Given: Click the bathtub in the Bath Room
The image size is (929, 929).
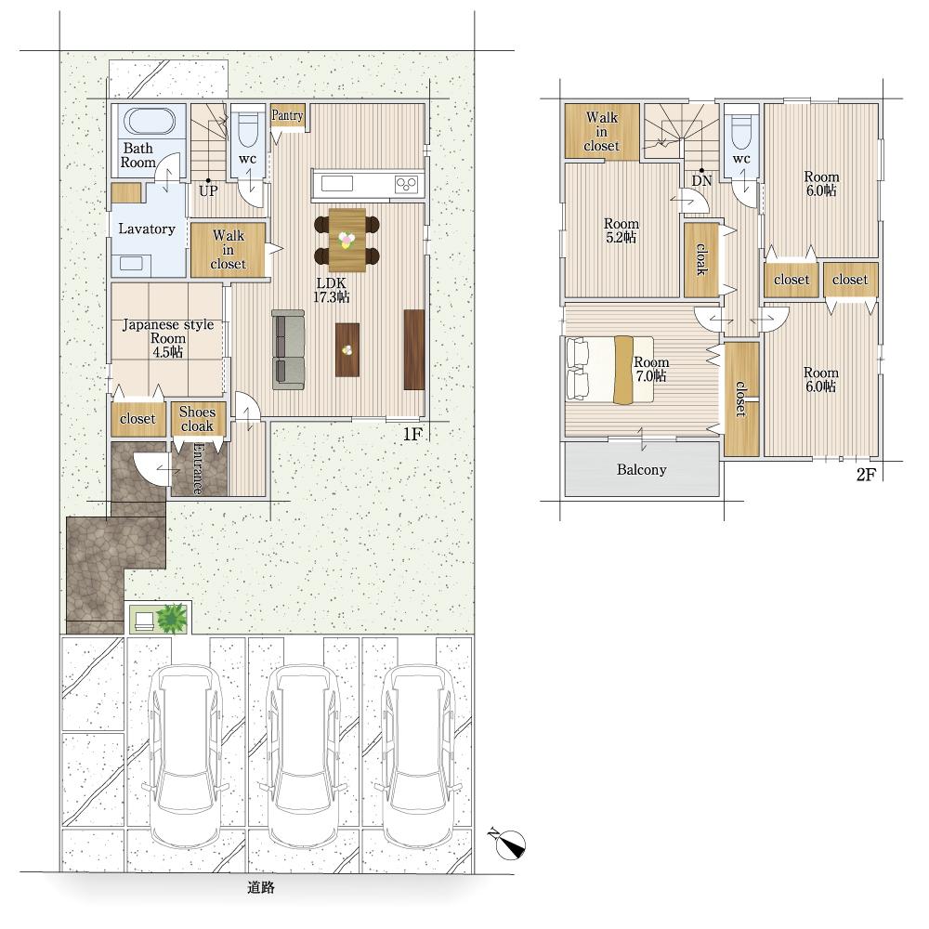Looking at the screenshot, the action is pyautogui.click(x=150, y=122).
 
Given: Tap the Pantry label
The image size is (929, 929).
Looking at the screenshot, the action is pyautogui.click(x=287, y=115).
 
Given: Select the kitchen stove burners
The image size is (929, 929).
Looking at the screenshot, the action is pyautogui.click(x=407, y=184).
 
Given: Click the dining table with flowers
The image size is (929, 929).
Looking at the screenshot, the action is pyautogui.click(x=347, y=240).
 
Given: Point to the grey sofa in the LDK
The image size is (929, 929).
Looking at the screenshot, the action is pyautogui.click(x=289, y=349).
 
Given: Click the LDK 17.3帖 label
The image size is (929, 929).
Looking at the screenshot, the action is pyautogui.click(x=332, y=290).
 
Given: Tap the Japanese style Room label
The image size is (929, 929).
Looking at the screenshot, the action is pyautogui.click(x=167, y=338).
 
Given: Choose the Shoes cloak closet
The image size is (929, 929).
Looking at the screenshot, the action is pyautogui.click(x=197, y=419).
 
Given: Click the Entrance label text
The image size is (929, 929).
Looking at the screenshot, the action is pyautogui.click(x=197, y=468).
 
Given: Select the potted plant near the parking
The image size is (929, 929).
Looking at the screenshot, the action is pyautogui.click(x=173, y=618).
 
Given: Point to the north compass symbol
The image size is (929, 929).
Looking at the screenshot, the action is pyautogui.click(x=508, y=844).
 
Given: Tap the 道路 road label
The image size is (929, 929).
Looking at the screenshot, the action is pyautogui.click(x=261, y=887).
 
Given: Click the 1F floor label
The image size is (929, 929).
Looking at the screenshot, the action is pyautogui.click(x=412, y=434).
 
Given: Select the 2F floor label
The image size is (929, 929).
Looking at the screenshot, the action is pyautogui.click(x=866, y=475).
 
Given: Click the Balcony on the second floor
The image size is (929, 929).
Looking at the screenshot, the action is pyautogui.click(x=642, y=469).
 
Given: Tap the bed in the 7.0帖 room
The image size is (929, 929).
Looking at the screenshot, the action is pyautogui.click(x=610, y=371).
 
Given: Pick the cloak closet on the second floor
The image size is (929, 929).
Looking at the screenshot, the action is pyautogui.click(x=702, y=259).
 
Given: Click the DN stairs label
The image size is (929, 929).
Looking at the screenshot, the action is pyautogui.click(x=701, y=181).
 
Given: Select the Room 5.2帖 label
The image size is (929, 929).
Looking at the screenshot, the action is pyautogui.click(x=622, y=230).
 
